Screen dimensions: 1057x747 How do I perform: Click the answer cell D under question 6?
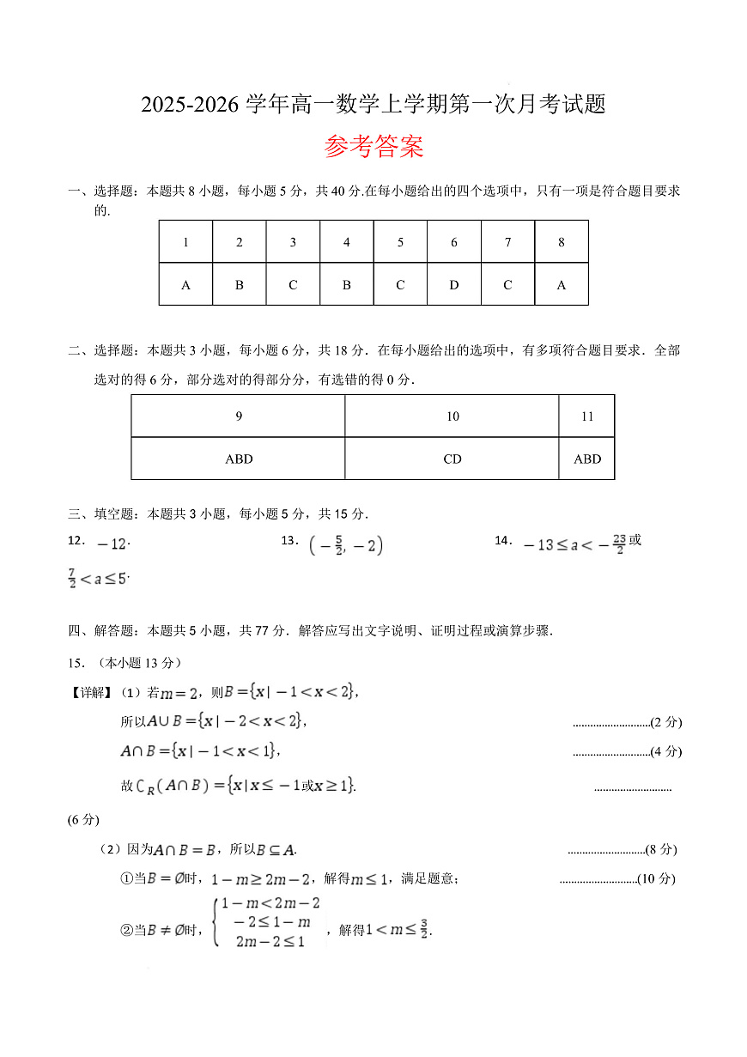coord(454,285)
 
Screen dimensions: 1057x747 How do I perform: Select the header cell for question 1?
coord(185,242)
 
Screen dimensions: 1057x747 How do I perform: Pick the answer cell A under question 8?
coord(562,285)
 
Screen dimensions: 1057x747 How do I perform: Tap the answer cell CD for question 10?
coord(452,459)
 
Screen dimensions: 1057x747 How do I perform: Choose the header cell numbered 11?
coord(587,416)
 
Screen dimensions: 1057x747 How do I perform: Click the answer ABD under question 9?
coord(239,459)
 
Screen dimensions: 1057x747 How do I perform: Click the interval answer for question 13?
coord(345,544)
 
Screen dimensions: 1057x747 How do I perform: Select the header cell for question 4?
coord(347,242)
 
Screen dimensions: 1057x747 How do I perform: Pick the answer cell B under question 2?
coord(240,285)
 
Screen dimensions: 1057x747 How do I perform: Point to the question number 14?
coord(503,540)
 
